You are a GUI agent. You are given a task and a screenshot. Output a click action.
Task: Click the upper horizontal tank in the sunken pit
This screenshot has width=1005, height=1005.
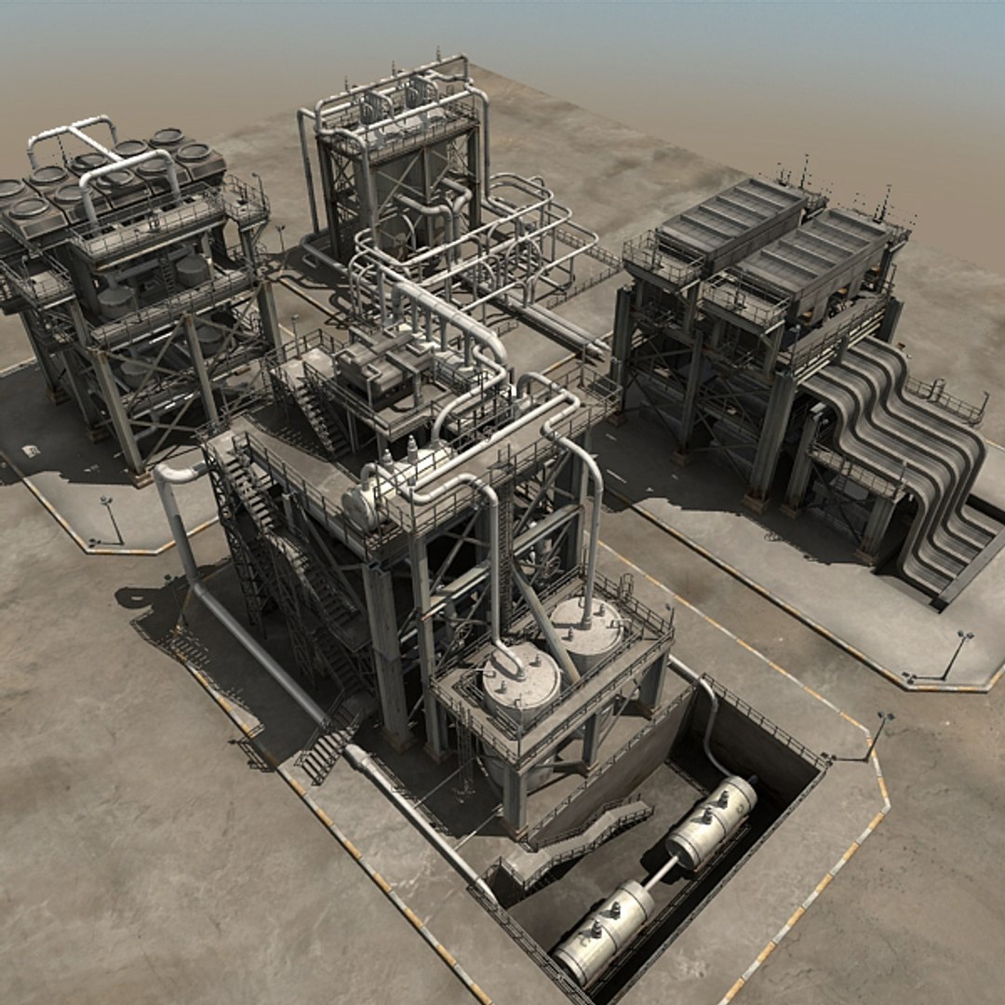click(x=712, y=821)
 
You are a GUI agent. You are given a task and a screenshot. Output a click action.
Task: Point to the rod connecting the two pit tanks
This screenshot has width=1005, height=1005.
click(x=660, y=874)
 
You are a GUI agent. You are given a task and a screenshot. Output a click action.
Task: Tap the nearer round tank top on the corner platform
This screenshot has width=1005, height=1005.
click(x=520, y=679)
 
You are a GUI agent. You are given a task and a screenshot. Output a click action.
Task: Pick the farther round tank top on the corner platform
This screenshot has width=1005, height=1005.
click(x=586, y=626)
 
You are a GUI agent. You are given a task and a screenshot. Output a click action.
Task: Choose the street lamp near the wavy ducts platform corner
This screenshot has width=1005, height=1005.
click(x=956, y=651)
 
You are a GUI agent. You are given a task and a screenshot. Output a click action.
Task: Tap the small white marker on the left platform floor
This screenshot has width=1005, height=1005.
click(x=31, y=451)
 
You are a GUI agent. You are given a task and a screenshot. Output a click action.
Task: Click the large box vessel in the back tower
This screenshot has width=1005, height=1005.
click(x=409, y=186)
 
